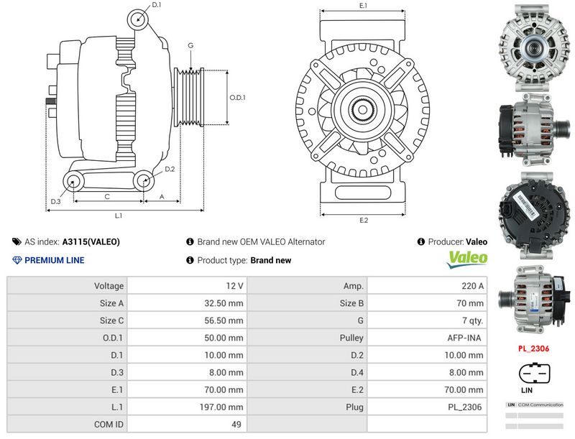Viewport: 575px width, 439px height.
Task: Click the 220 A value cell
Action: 473,286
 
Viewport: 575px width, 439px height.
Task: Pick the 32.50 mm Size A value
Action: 224,303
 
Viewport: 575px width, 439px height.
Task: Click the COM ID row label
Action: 109,424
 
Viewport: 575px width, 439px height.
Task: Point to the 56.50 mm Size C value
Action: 224,320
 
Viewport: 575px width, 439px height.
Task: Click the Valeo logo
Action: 468,259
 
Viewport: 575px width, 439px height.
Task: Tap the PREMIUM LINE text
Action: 54,260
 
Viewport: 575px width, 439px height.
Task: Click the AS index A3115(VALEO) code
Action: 91,242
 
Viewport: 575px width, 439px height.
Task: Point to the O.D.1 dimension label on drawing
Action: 238,98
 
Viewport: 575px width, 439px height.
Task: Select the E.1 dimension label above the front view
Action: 364,6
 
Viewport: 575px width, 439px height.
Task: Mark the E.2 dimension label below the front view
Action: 364,220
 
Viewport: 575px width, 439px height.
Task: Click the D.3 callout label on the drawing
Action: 55,200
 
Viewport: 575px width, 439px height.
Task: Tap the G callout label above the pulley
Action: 190,45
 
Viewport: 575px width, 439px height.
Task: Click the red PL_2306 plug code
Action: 533,349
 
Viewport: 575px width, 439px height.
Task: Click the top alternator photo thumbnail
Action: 533,48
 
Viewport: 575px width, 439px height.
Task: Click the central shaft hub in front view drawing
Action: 364,112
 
